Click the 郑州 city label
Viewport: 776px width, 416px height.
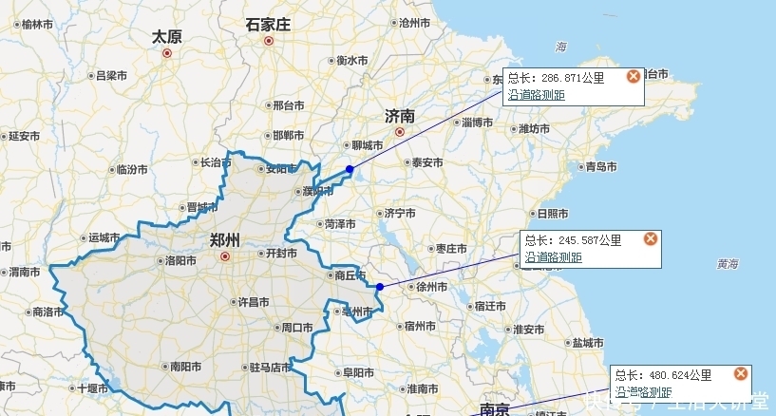click(224, 238)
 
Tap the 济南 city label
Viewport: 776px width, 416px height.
click(400, 116)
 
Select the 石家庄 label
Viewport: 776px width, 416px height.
click(268, 26)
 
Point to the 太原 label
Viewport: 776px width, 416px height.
click(167, 37)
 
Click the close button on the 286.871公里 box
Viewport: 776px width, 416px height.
click(634, 77)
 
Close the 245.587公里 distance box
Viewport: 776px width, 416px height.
click(651, 238)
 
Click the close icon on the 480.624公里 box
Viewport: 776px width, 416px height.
click(741, 374)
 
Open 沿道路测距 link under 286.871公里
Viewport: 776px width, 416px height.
click(537, 94)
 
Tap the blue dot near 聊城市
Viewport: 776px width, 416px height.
click(350, 169)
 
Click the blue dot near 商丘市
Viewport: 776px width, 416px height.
click(380, 286)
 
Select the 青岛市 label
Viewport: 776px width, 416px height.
click(601, 167)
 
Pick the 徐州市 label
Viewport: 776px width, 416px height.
click(431, 286)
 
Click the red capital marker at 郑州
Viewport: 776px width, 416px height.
click(224, 255)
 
